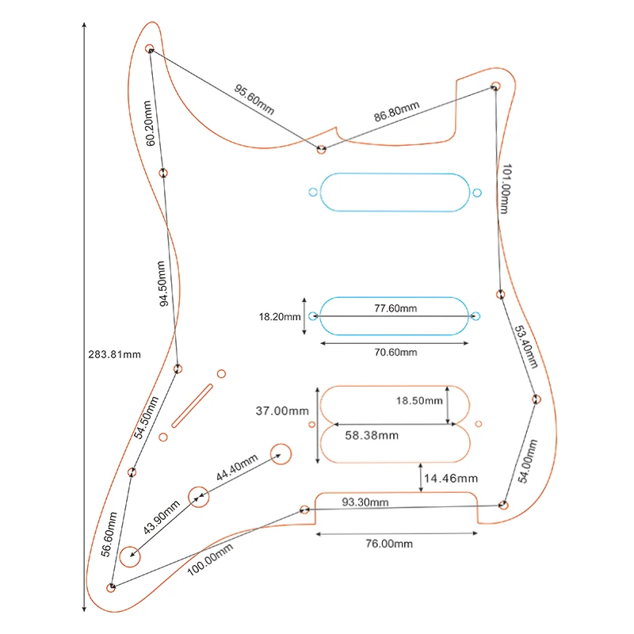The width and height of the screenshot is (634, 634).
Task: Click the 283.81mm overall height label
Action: (x=114, y=354)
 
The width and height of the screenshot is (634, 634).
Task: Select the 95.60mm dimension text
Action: (x=254, y=100)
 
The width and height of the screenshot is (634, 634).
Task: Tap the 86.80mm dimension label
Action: (x=396, y=111)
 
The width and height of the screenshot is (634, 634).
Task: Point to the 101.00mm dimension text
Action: (x=506, y=189)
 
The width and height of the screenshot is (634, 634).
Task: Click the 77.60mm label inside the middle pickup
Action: (x=395, y=308)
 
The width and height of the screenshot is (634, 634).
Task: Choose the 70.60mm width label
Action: (x=395, y=353)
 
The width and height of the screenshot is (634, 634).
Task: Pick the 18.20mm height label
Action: (x=280, y=317)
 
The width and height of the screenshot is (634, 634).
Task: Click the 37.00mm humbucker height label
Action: (x=282, y=411)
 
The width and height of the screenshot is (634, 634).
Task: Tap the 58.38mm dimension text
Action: (x=372, y=435)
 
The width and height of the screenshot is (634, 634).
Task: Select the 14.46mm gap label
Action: (x=451, y=479)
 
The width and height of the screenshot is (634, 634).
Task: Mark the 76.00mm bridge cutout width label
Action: (x=389, y=544)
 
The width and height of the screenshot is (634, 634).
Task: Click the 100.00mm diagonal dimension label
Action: (x=210, y=560)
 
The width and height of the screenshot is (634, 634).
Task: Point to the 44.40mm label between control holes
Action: (x=236, y=468)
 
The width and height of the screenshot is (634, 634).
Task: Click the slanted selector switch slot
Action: (x=192, y=406)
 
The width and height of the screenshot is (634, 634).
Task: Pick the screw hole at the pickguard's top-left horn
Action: (x=149, y=48)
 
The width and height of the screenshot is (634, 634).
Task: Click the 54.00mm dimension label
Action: (x=528, y=461)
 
